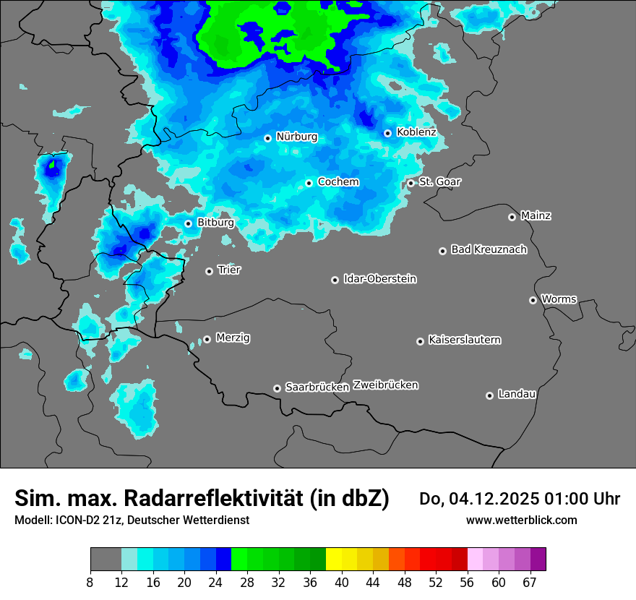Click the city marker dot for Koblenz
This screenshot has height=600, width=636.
tap(388, 133)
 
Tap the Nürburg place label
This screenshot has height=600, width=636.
tap(296, 137)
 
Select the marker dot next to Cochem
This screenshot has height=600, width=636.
tap(309, 183)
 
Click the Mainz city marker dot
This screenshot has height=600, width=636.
tap(512, 217)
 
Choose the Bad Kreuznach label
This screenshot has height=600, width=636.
tap(489, 249)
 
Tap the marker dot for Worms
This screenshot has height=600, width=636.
tap(533, 300)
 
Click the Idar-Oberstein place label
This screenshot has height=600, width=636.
tap(379, 279)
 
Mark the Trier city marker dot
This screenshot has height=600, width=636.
tap(209, 271)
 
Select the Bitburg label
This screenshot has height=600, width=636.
tap(215, 223)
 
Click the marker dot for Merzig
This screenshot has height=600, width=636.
tap(207, 339)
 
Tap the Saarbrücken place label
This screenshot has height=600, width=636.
tap(317, 387)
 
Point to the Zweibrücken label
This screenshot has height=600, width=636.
tap(385, 385)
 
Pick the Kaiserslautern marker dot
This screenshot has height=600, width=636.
tap(420, 341)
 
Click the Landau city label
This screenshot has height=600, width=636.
tap(517, 394)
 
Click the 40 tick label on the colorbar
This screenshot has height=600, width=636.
tap(341, 583)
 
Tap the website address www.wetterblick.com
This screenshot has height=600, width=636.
tap(521, 520)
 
